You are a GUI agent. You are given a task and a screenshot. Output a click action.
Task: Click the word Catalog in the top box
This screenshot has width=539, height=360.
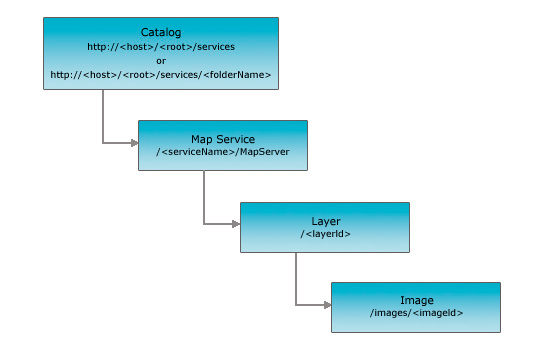coord(161,31)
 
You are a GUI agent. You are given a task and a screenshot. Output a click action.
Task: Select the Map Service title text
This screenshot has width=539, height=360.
coord(222,139)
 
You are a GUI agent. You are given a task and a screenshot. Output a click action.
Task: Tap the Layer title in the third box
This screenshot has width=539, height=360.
coord(325,219)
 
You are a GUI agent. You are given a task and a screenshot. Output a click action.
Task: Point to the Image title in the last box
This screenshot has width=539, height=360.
coord(416,299)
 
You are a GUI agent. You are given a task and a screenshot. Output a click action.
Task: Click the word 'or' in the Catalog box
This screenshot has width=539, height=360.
coord(161,60)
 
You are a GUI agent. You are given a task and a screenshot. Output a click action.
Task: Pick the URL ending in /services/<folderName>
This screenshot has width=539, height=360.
coord(161,74)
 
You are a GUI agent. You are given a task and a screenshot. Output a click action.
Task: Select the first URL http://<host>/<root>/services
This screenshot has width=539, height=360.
coord(161,46)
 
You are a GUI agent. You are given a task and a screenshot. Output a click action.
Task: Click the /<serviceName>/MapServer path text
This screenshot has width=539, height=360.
coord(222,153)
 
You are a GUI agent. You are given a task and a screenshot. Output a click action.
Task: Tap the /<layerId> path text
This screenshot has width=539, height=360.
coord(325,233)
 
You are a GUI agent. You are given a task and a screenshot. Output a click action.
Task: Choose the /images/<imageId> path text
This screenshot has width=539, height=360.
coord(416,313)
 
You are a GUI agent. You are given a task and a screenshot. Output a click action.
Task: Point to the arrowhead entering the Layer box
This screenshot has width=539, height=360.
coord(235,224)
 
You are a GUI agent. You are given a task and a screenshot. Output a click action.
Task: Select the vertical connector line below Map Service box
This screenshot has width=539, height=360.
coord(204,196)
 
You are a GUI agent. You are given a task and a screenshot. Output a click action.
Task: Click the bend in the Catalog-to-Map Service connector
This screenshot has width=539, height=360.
coord(103,144)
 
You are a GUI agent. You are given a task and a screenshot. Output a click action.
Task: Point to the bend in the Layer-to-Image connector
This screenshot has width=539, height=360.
coord(295,304)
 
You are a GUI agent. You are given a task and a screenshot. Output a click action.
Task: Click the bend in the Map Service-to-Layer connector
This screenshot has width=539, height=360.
coord(204,224)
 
